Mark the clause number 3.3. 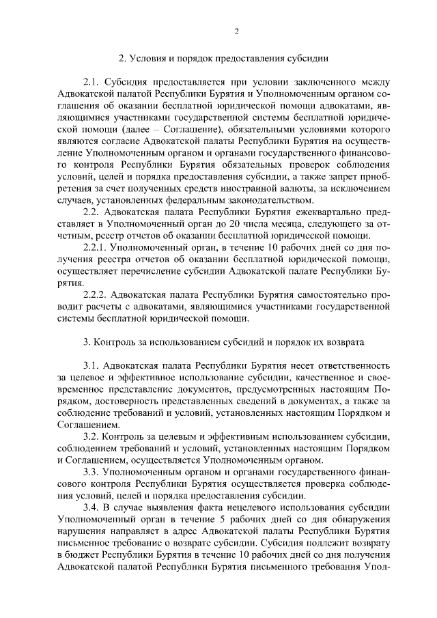pyautogui.click(x=91, y=472)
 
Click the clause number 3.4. pyautogui.click(x=91, y=509)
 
